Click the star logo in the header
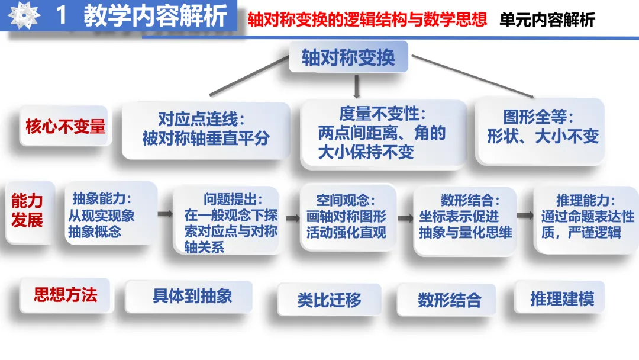coord(24,15)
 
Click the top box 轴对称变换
coord(348,57)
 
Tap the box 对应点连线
coord(206,130)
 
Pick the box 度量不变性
coord(383,133)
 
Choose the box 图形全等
coord(540,131)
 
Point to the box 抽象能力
coord(111,214)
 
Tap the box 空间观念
coord(348,217)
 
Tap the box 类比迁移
coord(330,300)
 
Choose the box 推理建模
coord(559,298)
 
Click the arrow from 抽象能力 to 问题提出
coord(165,214)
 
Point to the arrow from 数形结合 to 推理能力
coord(525,216)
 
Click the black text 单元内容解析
coord(547,20)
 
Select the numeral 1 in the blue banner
coord(62,15)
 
